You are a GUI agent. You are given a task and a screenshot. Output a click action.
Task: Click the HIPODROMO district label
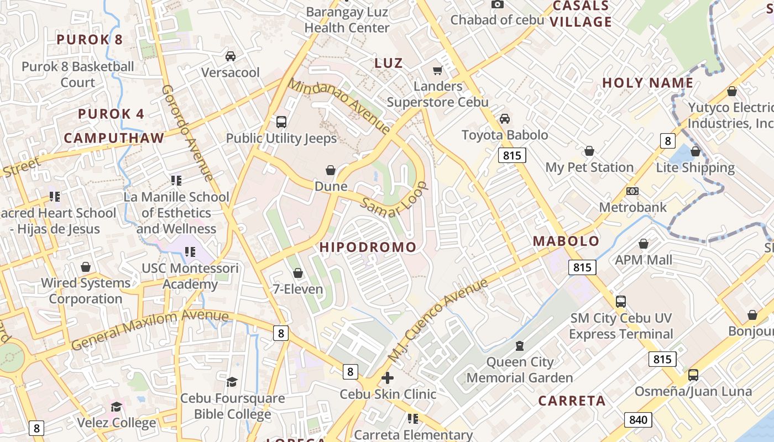click(368, 247)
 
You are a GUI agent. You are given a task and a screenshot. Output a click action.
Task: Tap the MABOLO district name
click(566, 241)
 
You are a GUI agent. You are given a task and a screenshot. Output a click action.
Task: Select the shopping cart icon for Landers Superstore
click(437, 70)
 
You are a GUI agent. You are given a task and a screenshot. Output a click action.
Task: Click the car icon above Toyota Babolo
click(504, 119)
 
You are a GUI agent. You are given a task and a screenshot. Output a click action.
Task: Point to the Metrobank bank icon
click(632, 191)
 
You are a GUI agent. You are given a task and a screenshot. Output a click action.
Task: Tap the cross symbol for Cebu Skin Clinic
click(388, 378)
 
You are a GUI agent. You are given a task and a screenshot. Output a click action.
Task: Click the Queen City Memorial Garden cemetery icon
click(519, 346)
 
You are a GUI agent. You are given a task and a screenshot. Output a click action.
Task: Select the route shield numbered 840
click(637, 420)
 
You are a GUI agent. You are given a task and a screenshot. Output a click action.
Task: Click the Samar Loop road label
click(394, 200)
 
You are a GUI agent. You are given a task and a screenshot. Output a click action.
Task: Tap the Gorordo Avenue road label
click(188, 133)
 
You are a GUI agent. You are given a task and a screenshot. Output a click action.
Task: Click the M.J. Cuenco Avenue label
click(438, 320)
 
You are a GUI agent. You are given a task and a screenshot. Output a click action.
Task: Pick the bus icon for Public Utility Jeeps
click(281, 122)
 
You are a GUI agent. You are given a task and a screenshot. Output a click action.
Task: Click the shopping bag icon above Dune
click(331, 170)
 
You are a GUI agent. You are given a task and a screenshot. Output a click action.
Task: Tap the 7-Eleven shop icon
click(298, 273)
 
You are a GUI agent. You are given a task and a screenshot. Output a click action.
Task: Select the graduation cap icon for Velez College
click(116, 407)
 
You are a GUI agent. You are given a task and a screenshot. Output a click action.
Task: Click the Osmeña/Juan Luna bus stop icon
click(693, 375)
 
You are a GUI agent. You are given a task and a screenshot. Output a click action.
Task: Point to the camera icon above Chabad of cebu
click(498, 4)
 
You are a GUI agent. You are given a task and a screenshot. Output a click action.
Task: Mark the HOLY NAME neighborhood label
click(647, 83)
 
